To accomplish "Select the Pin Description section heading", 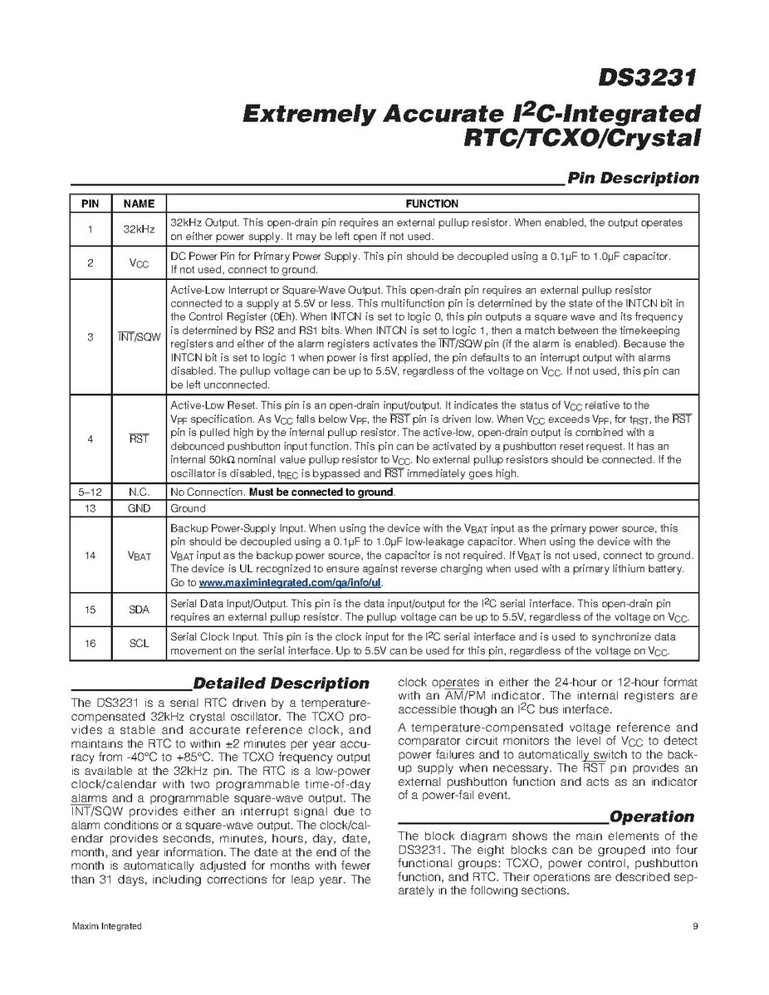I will point(632,178).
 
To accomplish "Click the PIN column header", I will point(90,203).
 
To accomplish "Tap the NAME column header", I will point(139,203).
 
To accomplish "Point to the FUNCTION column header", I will point(432,203).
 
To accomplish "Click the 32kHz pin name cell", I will point(139,229).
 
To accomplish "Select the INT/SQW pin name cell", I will point(139,338).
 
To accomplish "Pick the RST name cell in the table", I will point(139,439).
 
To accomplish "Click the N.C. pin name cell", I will point(139,492).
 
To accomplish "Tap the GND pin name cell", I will point(139,508).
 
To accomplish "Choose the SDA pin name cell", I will point(139,610).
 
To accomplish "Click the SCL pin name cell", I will point(139,643).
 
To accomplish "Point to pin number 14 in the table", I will point(90,556).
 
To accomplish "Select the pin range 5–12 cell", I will point(90,492).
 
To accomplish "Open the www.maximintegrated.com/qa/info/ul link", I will point(290,583).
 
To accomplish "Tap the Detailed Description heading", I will point(281,684).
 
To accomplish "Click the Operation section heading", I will point(652,816).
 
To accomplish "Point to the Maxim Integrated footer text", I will point(105,926).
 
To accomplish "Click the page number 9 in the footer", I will point(693,926).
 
